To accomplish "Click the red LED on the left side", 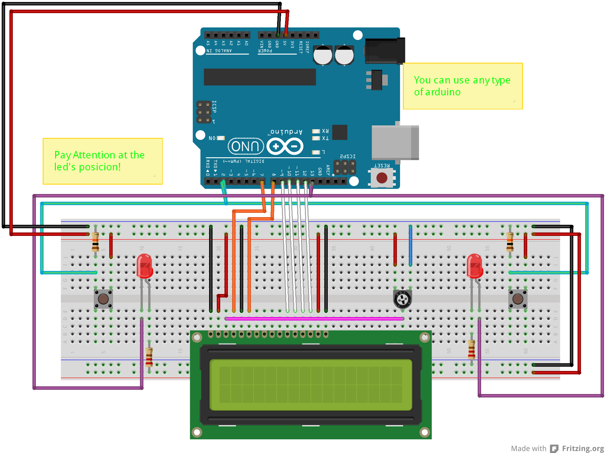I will (x=145, y=266).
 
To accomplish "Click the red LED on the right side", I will (x=475, y=266).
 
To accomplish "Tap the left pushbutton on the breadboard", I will (x=103, y=299).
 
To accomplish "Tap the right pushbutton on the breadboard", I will (x=518, y=299).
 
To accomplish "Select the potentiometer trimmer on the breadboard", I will (x=402, y=299).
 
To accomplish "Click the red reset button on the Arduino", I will (x=382, y=178).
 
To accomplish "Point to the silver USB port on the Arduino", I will (x=395, y=142).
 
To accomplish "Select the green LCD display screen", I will (x=311, y=385).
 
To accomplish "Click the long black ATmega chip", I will (x=259, y=77).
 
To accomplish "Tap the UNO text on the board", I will (x=246, y=146).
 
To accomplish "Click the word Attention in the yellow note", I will (x=94, y=155).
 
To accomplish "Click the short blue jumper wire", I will (x=410, y=245).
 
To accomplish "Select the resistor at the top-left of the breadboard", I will (x=95, y=242).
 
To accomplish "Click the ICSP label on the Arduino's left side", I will (x=214, y=106).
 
